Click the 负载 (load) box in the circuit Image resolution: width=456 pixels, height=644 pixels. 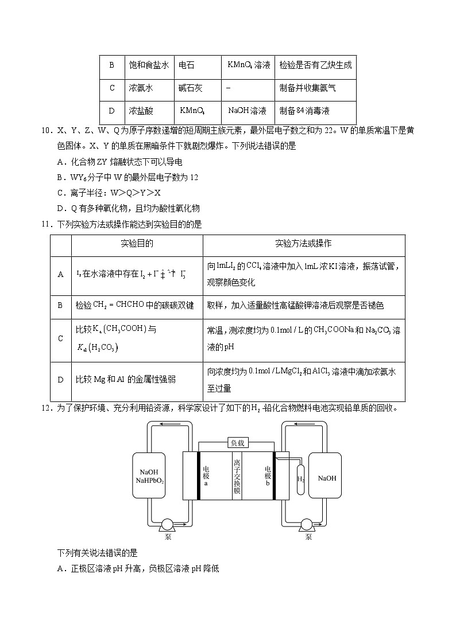237,442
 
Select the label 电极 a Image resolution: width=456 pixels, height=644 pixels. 206,475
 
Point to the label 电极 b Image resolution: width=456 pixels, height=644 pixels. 268,475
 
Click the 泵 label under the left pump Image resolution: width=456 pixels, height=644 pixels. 168,537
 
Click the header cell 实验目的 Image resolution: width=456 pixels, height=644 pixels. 137,244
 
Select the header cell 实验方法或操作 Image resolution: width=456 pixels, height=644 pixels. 303,244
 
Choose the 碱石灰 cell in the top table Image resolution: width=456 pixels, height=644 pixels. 190,88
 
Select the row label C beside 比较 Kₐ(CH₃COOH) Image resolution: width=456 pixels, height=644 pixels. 60,338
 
